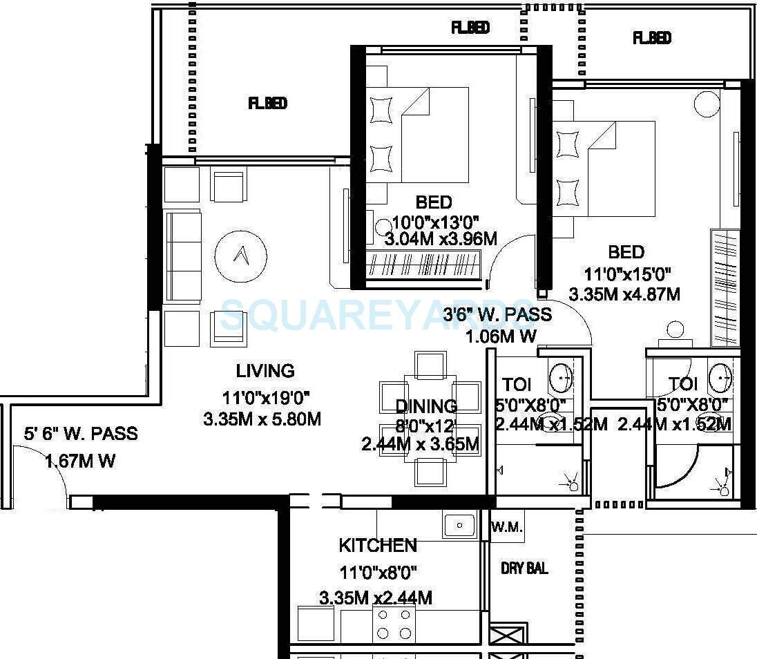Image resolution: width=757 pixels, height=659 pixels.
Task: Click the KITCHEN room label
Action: [x=377, y=546]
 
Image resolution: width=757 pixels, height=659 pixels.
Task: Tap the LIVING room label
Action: [x=265, y=371]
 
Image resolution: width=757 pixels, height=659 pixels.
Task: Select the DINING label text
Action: [x=426, y=406]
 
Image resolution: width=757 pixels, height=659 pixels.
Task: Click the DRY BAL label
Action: [x=524, y=569]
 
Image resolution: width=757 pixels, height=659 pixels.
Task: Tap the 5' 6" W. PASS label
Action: [x=81, y=434]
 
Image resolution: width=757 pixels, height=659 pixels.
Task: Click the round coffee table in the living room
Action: [x=240, y=256]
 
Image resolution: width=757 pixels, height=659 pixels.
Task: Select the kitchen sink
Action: [x=459, y=525]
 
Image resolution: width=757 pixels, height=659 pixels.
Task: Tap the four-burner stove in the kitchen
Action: [x=394, y=623]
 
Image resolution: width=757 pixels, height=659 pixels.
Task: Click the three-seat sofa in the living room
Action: [x=182, y=256]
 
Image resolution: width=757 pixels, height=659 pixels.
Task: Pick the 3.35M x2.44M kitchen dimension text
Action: [x=376, y=598]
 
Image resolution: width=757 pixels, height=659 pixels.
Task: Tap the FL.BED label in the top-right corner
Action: [x=651, y=38]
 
